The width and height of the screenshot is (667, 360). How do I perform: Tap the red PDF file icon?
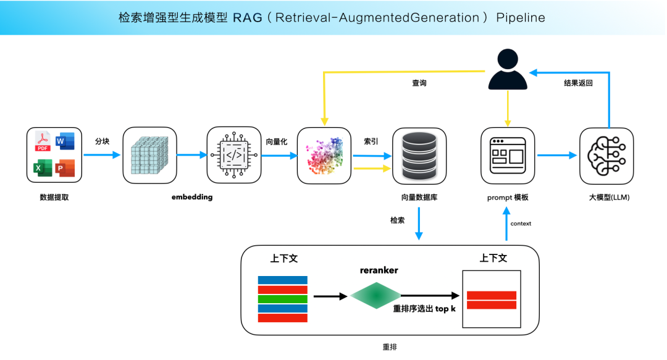(x=43, y=143)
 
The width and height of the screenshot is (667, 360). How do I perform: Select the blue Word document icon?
(x=65, y=142)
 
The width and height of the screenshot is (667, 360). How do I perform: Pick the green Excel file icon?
(x=43, y=168)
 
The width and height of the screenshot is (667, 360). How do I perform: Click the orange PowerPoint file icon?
(x=65, y=168)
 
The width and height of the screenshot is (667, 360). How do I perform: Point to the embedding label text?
(x=192, y=197)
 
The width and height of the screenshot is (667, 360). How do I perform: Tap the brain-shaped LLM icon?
(x=606, y=156)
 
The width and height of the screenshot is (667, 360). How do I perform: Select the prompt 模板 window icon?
(x=507, y=156)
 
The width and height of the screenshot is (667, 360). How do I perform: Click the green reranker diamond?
(x=375, y=296)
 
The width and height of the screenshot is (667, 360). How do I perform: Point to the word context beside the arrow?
(x=521, y=224)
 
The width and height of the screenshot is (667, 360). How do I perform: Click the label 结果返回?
(x=578, y=83)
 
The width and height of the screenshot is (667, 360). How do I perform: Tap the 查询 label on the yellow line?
(x=419, y=83)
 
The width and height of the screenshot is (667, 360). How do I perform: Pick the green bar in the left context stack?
(x=282, y=299)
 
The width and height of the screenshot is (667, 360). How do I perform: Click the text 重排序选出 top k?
(x=424, y=309)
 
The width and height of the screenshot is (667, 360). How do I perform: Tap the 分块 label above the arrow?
(x=102, y=141)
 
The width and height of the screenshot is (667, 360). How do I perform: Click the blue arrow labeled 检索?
(x=419, y=224)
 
